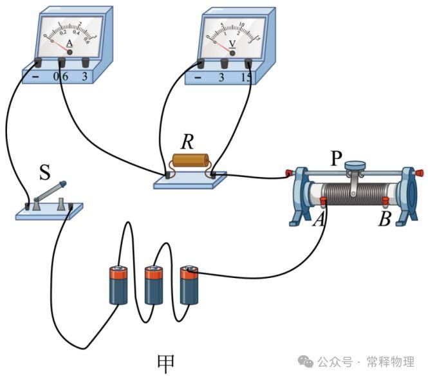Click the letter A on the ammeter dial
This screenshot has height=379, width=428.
point(70,44)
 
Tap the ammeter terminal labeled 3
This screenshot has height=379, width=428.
point(86,62)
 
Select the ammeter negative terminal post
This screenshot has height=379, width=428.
point(37,62)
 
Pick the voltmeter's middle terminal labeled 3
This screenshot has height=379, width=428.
point(225,63)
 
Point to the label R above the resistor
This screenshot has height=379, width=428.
point(187,140)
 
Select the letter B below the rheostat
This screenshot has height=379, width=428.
point(385,219)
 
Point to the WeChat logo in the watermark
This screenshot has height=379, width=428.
point(306,362)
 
